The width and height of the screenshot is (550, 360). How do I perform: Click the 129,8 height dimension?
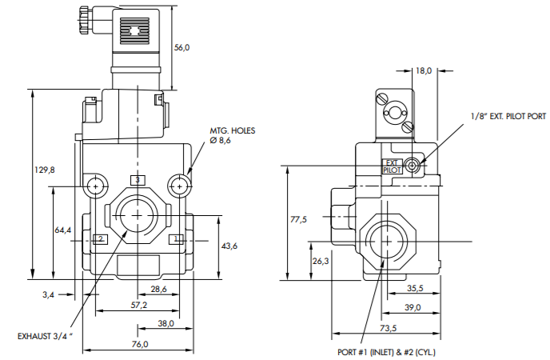(46, 170)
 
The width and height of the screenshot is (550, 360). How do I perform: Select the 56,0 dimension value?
(182, 48)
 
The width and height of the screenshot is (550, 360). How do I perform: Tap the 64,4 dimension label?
(63, 230)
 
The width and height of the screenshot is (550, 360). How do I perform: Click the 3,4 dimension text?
(48, 295)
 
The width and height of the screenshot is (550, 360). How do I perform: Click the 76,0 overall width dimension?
(139, 344)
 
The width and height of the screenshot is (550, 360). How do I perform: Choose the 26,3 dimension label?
(321, 261)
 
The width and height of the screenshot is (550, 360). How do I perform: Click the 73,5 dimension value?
(387, 328)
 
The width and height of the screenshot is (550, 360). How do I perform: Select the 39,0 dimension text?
(412, 308)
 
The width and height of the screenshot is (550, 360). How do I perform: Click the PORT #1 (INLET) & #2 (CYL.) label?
(386, 351)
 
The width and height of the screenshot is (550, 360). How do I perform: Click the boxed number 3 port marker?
(137, 181)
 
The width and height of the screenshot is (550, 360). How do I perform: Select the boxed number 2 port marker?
(100, 238)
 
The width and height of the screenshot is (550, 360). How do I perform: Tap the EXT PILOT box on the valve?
(392, 166)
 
